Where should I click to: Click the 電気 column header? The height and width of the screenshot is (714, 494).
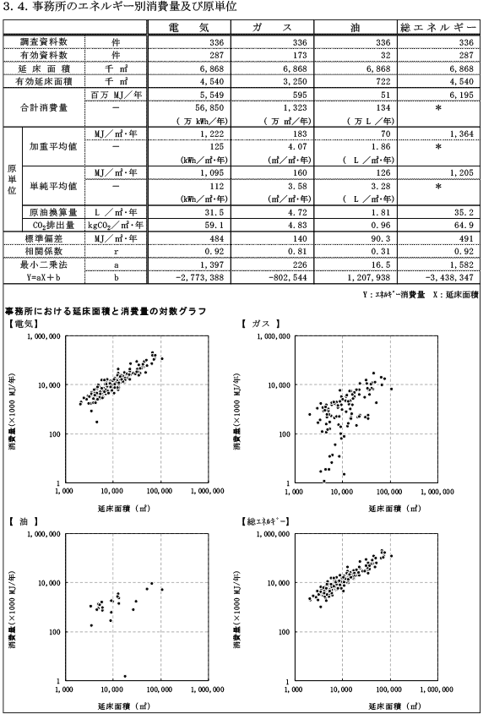tap(189, 27)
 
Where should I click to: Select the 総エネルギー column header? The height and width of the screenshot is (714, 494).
tap(438, 27)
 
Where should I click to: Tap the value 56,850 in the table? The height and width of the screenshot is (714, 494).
tap(209, 107)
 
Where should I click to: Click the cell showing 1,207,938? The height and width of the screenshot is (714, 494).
tap(368, 277)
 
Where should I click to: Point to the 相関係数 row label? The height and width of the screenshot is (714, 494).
tap(44, 251)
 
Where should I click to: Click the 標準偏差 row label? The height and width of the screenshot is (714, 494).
tap(44, 238)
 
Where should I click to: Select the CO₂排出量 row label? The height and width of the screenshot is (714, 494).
tap(53, 225)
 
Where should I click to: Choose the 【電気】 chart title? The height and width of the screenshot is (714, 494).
tap(22, 324)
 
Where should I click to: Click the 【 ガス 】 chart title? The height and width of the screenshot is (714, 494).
tap(260, 324)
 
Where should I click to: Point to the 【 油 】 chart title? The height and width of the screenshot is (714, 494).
tap(23, 521)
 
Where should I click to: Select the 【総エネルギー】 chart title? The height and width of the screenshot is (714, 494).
tap(266, 521)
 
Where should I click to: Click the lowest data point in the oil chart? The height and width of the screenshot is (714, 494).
tap(125, 676)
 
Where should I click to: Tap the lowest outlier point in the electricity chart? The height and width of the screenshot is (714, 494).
tap(96, 422)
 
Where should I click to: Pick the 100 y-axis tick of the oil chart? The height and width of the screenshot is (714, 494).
tap(55, 632)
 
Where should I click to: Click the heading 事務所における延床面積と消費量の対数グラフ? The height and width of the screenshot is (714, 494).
tap(106, 311)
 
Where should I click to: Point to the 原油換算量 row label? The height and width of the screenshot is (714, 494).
tap(53, 212)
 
